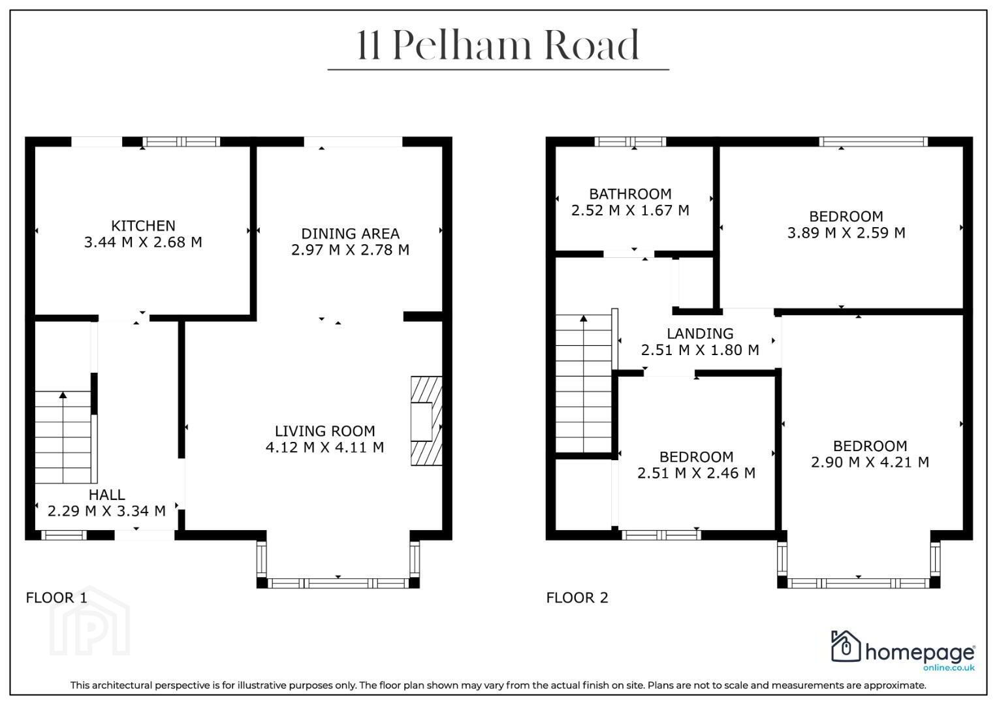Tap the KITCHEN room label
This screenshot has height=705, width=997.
[143, 226]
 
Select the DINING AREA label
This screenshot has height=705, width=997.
[350, 233]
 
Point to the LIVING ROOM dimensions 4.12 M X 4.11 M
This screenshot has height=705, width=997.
[324, 447]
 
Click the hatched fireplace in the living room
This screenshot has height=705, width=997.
[426, 421]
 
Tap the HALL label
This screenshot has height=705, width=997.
[107, 495]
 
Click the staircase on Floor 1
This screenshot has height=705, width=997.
[63, 437]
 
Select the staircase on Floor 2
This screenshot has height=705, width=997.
[584, 383]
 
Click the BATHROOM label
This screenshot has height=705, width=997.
[630, 194]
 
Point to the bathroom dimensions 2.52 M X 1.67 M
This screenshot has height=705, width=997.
[630, 210]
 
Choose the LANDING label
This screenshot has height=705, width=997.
[700, 334]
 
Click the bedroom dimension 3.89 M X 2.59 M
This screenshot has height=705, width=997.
[846, 232]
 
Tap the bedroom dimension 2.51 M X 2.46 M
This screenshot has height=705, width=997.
[696, 473]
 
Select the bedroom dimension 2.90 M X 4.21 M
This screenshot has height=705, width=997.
[870, 462]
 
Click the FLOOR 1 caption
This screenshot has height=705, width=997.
[57, 597]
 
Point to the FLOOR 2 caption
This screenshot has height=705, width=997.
[577, 597]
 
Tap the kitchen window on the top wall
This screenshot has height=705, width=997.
[181, 142]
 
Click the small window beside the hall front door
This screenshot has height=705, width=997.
[64, 535]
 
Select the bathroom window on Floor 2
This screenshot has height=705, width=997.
[630, 142]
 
